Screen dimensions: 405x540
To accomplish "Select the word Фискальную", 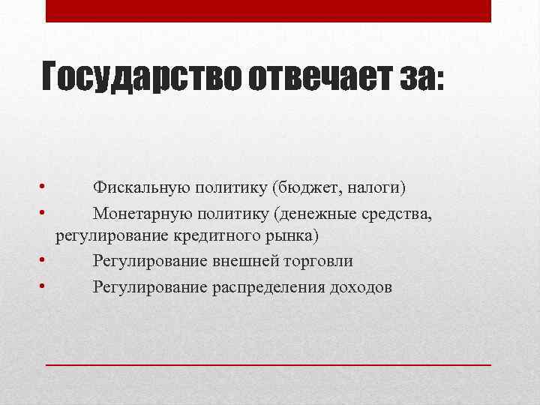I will (x=134, y=186).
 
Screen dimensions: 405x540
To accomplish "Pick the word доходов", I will (x=360, y=286).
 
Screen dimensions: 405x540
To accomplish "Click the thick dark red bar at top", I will (x=268, y=10).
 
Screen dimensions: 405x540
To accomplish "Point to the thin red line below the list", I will (x=268, y=363).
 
